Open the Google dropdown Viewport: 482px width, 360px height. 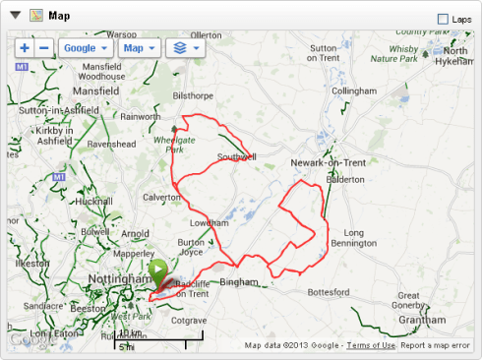(x=85, y=48)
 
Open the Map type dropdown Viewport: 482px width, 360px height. (x=139, y=48)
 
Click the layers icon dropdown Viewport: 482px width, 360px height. (x=186, y=48)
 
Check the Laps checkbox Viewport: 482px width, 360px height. (x=443, y=19)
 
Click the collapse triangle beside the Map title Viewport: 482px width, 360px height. (x=15, y=16)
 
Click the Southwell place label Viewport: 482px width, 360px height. (x=236, y=156)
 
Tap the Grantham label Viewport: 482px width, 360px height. (x=423, y=321)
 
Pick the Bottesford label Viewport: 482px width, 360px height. (x=329, y=292)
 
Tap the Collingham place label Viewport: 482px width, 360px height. (x=354, y=90)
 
